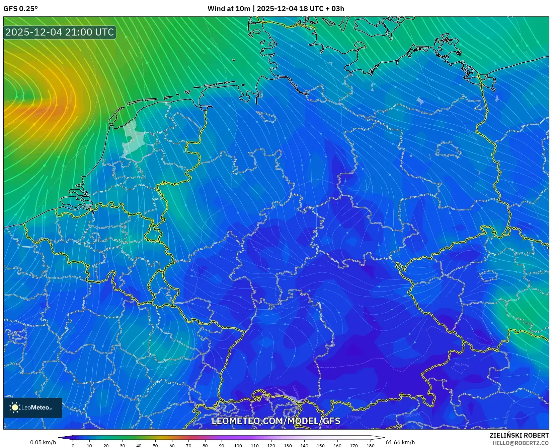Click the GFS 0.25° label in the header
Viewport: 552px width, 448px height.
point(20,9)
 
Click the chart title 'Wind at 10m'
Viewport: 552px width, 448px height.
point(229,9)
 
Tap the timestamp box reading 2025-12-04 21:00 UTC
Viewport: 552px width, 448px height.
point(60,33)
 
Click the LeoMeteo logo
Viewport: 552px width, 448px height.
point(33,407)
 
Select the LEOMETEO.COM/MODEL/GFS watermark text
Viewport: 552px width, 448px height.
point(276,421)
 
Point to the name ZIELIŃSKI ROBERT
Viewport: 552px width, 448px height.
point(519,435)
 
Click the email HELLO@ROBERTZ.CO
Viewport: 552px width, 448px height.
point(520,443)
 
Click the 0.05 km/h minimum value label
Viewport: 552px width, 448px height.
point(43,442)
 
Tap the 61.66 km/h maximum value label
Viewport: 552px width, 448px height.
point(400,442)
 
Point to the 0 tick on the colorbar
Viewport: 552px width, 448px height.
point(73,445)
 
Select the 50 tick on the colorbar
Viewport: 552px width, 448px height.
point(155,445)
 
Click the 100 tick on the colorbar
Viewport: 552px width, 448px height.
point(238,445)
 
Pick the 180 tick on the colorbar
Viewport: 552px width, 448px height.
point(370,445)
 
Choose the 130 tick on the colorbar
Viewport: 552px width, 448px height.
point(288,445)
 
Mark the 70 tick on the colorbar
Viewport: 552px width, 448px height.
point(188,445)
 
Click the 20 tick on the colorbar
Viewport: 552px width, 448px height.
point(106,445)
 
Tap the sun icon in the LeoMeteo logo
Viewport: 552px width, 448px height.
point(15,407)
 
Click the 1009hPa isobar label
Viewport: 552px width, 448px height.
point(461,364)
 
